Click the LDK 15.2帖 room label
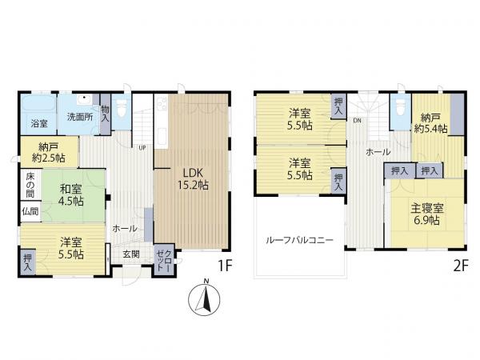193,179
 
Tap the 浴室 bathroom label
39,124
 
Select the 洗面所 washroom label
80,117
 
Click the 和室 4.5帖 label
71,195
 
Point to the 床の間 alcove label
30,186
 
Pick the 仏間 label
30,211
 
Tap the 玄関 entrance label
131,254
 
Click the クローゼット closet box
164,260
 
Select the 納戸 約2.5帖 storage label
49,153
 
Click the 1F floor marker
226,266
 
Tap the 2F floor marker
461,266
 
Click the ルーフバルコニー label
299,240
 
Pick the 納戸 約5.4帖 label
430,123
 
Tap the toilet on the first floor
122,109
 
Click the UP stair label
142,148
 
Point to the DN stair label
358,121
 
